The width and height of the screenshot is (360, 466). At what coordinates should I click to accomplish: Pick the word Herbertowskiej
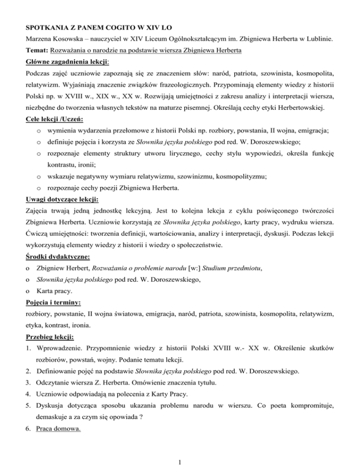point(320,98)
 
